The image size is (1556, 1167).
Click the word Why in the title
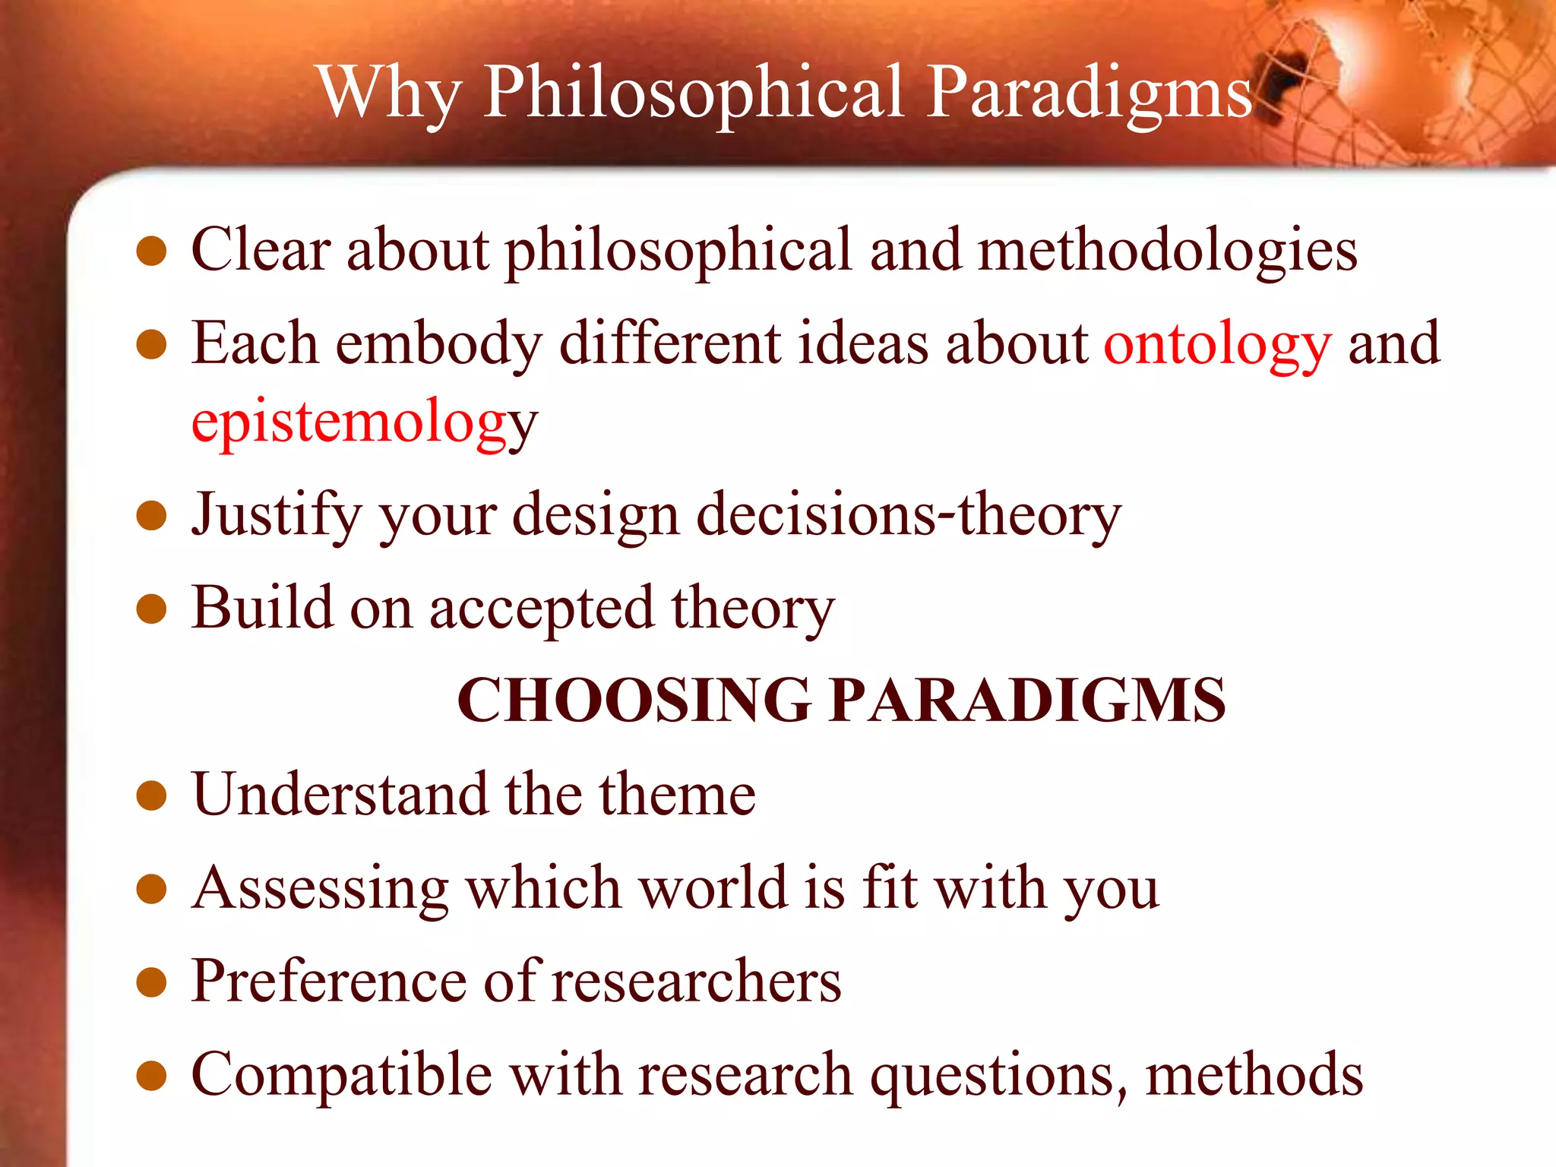coord(389,93)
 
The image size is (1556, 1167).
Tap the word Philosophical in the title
coord(695,93)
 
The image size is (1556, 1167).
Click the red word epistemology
coord(365,422)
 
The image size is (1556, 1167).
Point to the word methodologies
coord(1167,251)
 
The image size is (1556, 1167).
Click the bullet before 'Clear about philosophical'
coord(151,251)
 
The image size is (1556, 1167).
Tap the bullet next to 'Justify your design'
coord(151,516)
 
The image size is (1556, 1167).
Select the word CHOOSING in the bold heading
coord(634,700)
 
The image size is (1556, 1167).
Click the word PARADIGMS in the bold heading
coord(1027,700)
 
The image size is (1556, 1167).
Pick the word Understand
coord(340,794)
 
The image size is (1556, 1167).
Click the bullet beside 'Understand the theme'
coord(151,796)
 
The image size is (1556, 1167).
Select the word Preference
coord(328,981)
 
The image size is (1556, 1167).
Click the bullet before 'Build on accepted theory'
coord(151,609)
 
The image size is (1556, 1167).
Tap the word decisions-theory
coord(909,516)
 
